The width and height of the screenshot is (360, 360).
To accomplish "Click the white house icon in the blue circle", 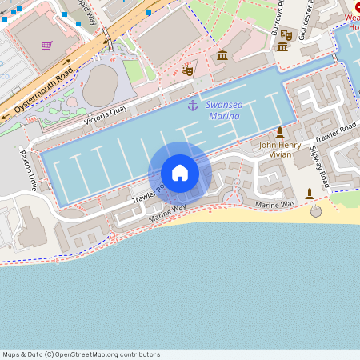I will [180, 173].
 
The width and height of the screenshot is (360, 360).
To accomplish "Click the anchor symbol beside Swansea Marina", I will [192, 106].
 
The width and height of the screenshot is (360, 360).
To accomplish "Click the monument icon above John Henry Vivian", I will [280, 131].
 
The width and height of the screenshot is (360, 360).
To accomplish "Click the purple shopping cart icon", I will [47, 46].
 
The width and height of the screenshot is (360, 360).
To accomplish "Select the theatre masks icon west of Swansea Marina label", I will [188, 70].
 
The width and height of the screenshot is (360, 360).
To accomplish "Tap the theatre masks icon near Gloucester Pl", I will [286, 34].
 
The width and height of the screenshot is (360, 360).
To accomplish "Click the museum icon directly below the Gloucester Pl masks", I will [282, 46].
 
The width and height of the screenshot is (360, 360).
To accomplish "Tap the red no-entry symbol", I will [356, 6].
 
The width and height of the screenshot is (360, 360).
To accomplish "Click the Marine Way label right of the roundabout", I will [275, 205].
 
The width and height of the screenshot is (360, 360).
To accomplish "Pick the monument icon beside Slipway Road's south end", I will [310, 194].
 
